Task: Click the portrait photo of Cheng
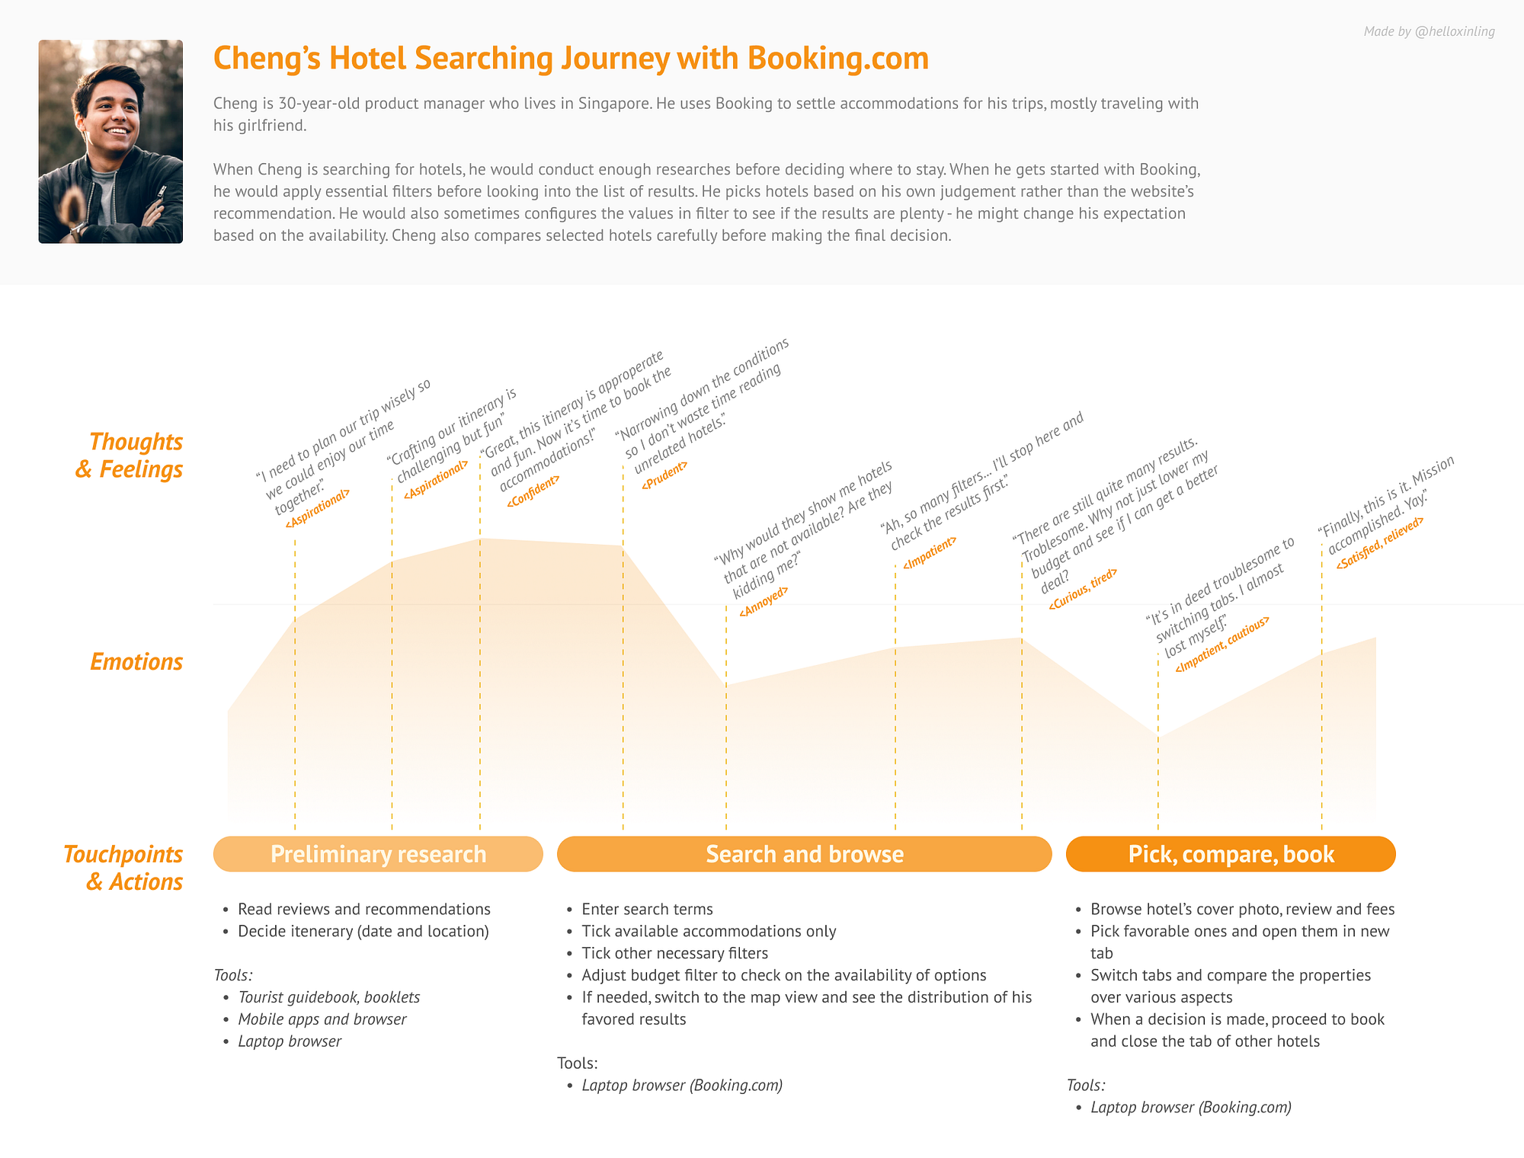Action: [110, 142]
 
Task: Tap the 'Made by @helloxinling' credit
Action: [1429, 31]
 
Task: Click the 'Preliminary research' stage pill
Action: [378, 854]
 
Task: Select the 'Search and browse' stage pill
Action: [804, 854]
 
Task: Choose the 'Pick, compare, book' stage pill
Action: [1231, 854]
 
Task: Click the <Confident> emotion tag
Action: [533, 491]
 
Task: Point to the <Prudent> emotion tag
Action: [664, 475]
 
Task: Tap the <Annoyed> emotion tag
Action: [764, 601]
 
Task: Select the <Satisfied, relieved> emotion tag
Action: [1379, 542]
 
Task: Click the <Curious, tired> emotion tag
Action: [1083, 589]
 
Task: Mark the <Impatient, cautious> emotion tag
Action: [1222, 644]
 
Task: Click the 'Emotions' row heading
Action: [136, 661]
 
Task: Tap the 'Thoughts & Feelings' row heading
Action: [130, 456]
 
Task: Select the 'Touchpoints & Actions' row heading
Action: [123, 868]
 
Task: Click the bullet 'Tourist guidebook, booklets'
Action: [328, 997]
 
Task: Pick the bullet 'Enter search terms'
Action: [647, 909]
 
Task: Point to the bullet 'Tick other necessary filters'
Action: [674, 953]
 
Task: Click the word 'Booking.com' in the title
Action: [837, 59]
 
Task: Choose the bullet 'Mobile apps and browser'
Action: [322, 1019]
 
